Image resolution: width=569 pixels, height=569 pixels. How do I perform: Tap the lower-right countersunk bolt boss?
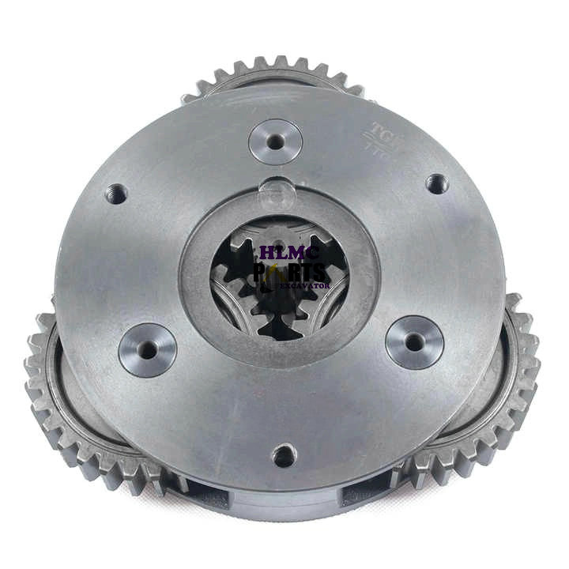pyautogui.click(x=414, y=341)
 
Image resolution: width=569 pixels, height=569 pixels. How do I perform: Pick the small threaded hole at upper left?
pyautogui.click(x=116, y=192)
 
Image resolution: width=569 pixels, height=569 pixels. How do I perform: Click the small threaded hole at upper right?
pyautogui.click(x=436, y=183)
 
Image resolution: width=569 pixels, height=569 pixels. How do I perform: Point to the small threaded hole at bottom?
pyautogui.click(x=284, y=455)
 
